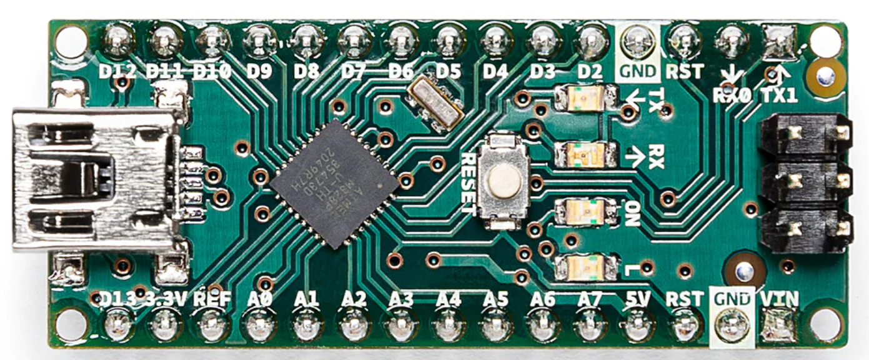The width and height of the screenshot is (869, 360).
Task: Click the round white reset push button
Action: point(504,181)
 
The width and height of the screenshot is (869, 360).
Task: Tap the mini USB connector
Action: point(94,178)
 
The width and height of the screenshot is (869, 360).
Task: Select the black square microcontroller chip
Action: point(334,184)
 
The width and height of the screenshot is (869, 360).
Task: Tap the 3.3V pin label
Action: point(166,300)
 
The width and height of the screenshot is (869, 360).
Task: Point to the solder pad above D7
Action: point(354,41)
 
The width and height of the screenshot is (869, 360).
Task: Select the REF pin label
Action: point(212,300)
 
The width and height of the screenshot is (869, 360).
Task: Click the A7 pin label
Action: point(590,300)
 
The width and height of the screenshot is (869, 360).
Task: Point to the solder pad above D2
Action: point(590,41)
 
